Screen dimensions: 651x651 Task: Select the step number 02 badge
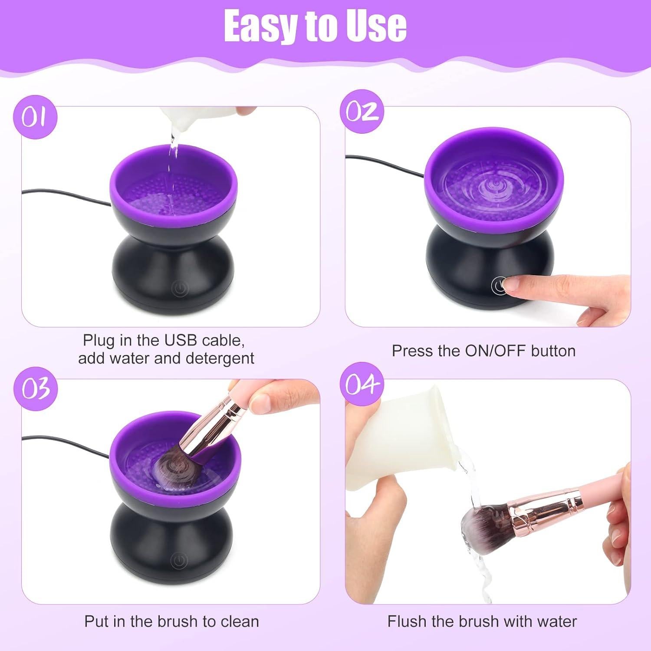[362, 112]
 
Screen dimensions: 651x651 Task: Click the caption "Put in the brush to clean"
[171, 621]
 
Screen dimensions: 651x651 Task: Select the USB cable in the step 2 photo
[386, 167]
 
